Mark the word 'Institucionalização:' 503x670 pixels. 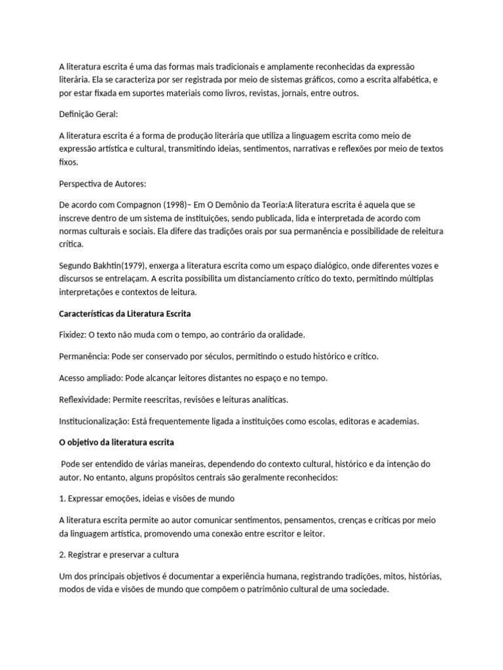click(x=94, y=421)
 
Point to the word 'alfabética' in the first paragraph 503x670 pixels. click(x=405, y=80)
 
